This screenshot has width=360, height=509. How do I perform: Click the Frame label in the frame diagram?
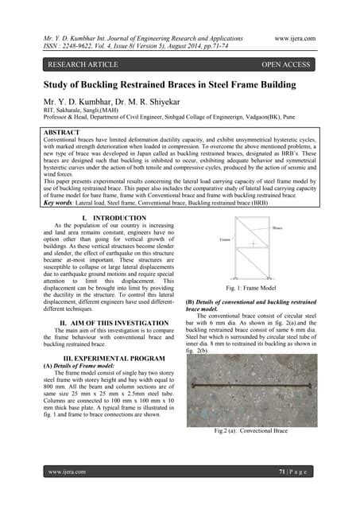click(225, 239)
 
